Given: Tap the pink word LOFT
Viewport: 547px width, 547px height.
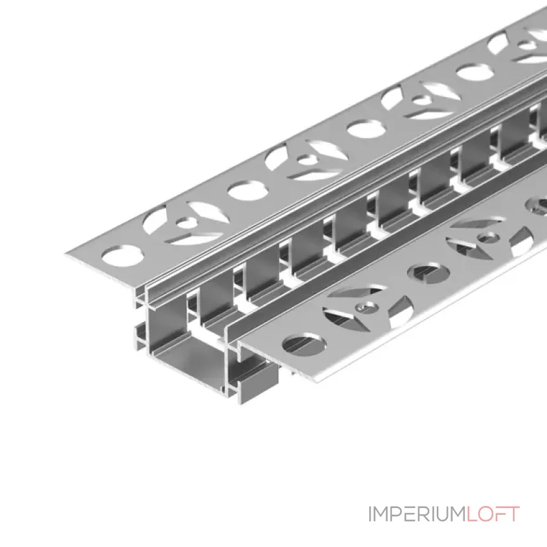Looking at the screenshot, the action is [x=493, y=514].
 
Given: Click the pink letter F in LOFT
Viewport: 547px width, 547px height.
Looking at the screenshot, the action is [x=500, y=514].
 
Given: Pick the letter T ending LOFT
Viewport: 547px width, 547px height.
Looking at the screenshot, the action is [x=513, y=514].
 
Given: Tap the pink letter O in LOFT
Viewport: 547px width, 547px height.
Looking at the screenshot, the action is [x=485, y=514].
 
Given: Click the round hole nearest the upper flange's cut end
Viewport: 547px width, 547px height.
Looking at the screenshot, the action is [x=122, y=255].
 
